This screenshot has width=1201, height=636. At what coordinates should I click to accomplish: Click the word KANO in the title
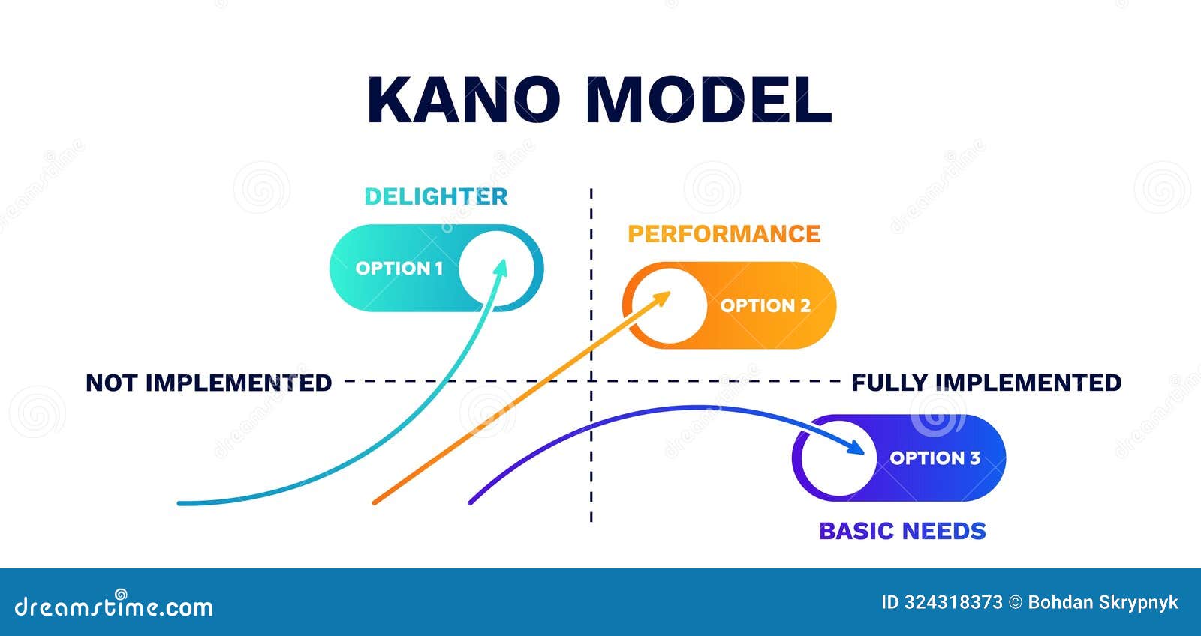tap(463, 100)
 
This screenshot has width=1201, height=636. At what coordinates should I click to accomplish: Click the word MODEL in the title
tap(708, 100)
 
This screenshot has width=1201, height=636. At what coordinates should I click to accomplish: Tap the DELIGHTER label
tap(435, 196)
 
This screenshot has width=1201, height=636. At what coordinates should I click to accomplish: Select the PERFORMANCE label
tap(724, 234)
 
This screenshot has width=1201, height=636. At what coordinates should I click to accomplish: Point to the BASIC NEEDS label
tap(902, 531)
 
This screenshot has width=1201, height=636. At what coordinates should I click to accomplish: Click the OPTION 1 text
tap(399, 268)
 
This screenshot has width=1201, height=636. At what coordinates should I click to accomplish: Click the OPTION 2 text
tap(765, 305)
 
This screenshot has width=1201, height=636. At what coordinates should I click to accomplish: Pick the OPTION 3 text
tap(935, 457)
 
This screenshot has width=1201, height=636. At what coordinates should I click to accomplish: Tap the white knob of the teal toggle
tap(498, 268)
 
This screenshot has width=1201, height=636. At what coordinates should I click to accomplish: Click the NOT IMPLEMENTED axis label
tap(208, 382)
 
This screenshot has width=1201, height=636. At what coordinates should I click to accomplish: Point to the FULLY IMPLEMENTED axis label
tap(986, 382)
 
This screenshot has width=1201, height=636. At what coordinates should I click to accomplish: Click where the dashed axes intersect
tap(591, 380)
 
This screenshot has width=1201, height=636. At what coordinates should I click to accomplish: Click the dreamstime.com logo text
tap(114, 606)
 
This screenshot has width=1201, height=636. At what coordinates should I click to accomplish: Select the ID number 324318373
tap(953, 602)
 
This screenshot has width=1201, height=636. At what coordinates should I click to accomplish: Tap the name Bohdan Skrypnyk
tap(1103, 602)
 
